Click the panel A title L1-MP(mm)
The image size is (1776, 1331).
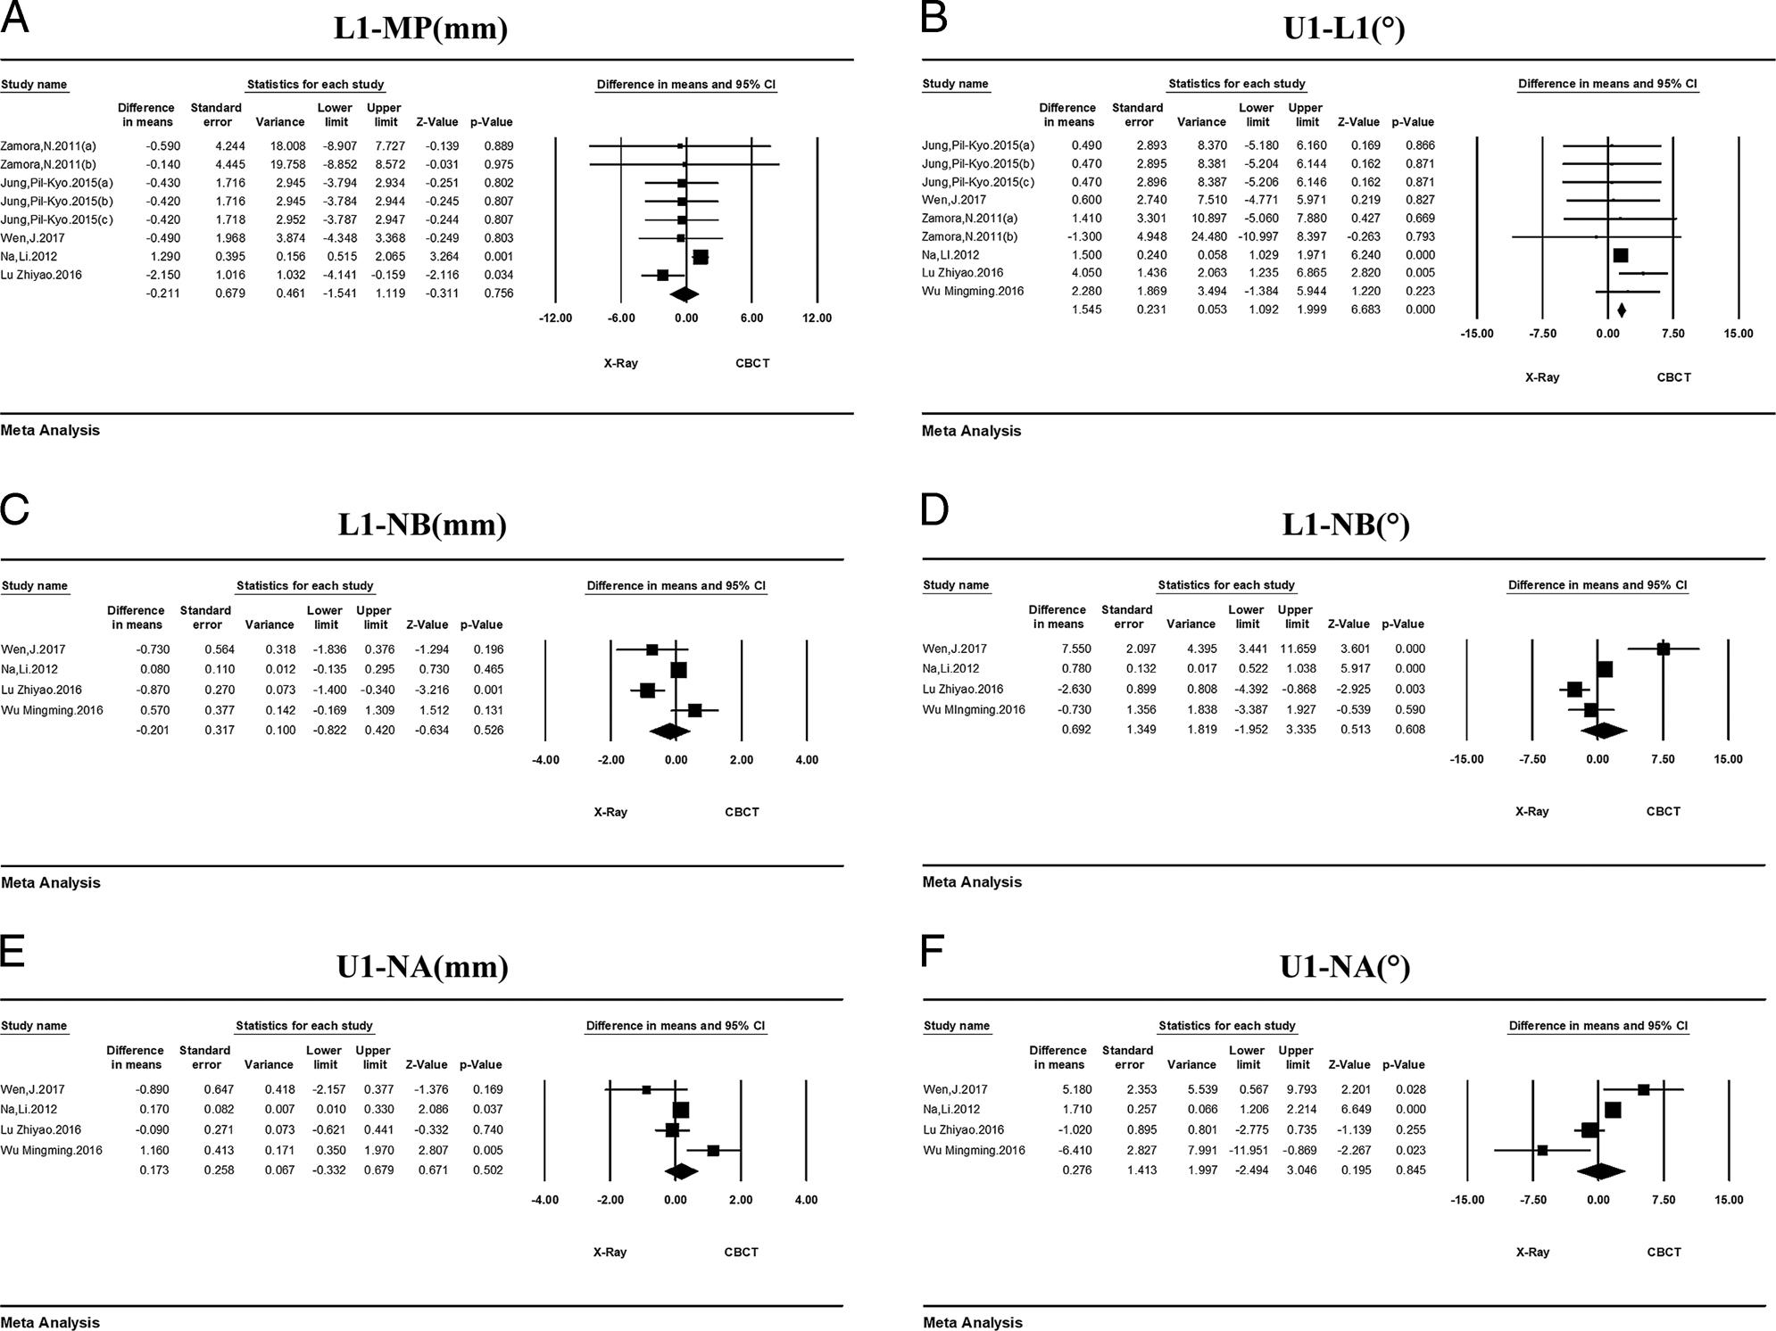(x=420, y=29)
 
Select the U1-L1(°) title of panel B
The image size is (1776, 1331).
(x=1343, y=29)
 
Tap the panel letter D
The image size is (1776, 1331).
(x=934, y=510)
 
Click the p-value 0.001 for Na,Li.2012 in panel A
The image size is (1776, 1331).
(x=497, y=257)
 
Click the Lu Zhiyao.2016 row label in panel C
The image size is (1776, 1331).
(x=41, y=690)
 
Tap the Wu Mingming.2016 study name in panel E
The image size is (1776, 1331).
(x=51, y=1151)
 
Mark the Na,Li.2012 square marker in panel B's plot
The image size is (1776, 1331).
(x=1621, y=255)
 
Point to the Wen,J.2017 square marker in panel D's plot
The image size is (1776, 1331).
(x=1663, y=649)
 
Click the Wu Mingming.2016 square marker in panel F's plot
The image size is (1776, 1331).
(x=1542, y=1151)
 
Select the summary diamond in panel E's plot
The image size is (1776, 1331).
(x=681, y=1170)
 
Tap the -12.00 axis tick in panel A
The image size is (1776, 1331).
(x=555, y=318)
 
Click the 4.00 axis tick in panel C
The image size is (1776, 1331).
(x=807, y=760)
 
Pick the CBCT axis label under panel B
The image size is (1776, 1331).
(x=1673, y=377)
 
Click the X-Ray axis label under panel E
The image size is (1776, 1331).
(x=610, y=1252)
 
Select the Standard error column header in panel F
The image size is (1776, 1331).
(x=1127, y=1057)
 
